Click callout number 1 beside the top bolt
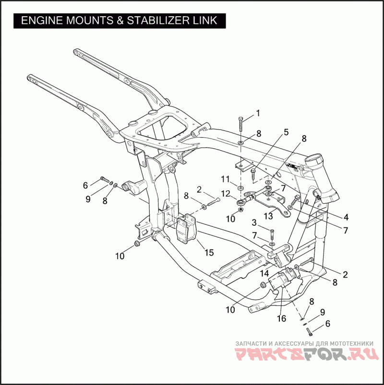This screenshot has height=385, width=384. point(258,113)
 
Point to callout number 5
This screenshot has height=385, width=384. point(286,132)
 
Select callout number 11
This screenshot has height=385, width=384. point(225,179)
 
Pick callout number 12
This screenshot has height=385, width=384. point(226,194)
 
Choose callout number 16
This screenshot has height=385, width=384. point(281,318)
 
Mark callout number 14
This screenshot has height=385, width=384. point(264,273)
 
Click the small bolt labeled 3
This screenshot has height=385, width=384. point(272,235)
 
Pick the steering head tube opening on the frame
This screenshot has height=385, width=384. point(318,159)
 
